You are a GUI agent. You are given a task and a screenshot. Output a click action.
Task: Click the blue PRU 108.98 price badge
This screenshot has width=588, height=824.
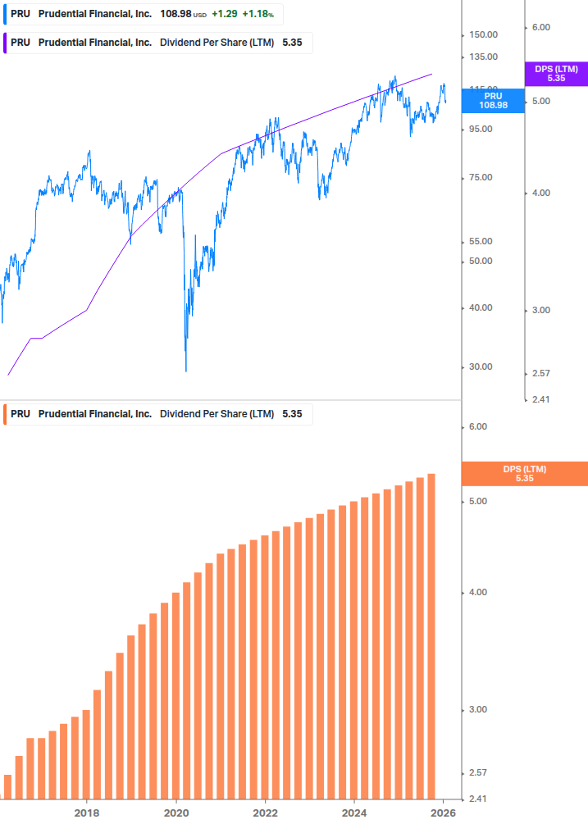[492, 100]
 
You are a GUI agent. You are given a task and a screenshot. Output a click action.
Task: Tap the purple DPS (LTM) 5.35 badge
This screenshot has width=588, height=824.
[556, 74]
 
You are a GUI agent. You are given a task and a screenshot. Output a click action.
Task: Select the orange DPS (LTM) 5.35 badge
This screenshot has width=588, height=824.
[525, 474]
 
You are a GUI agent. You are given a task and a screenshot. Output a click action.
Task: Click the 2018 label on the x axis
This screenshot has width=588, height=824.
[87, 812]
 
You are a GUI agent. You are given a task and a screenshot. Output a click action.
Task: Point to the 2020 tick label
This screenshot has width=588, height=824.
[176, 812]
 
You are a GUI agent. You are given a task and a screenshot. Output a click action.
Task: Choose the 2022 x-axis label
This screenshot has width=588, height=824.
[265, 812]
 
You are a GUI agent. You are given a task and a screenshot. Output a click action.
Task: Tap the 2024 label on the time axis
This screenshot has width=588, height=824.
[354, 812]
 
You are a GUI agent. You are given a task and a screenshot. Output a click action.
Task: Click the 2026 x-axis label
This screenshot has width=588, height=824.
[443, 812]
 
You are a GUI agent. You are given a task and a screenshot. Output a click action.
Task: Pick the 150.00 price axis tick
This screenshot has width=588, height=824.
[484, 34]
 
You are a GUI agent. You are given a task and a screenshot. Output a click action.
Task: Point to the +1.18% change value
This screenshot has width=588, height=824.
[258, 14]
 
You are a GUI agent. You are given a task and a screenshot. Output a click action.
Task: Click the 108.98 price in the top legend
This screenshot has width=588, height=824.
[175, 14]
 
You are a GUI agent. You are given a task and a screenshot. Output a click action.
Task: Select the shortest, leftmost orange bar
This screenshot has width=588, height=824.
[8, 786]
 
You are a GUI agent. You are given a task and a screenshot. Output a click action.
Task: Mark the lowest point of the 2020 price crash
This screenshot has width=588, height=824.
[186, 371]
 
